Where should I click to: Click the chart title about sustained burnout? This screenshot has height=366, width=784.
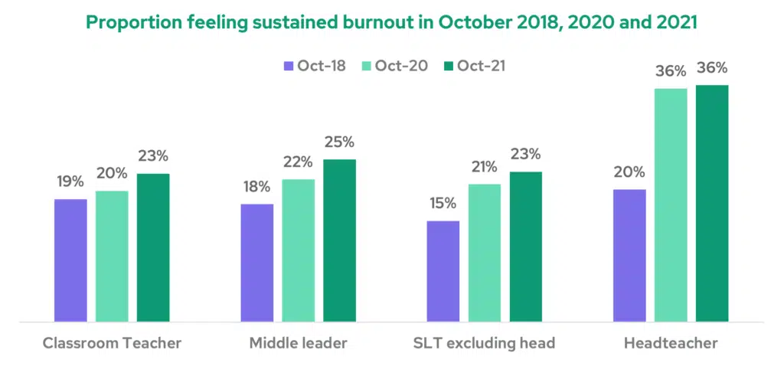[391, 22]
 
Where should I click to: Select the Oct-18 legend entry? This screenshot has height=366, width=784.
[315, 66]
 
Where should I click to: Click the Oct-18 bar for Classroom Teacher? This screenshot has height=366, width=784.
[70, 260]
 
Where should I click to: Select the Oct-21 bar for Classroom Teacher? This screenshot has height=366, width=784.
[153, 247]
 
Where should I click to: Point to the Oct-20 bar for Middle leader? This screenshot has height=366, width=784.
[299, 250]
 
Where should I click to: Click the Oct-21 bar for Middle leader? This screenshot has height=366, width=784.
[339, 240]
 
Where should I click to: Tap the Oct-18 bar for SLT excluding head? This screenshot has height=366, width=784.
[443, 271]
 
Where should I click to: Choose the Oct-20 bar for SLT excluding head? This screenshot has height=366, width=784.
[485, 253]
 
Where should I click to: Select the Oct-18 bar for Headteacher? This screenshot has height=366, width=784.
[629, 255]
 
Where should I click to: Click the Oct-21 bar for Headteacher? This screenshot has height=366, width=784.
[711, 203]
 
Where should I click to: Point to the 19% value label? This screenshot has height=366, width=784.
[70, 182]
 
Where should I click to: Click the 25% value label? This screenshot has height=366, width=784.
[339, 142]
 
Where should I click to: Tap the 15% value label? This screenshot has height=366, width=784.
[443, 204]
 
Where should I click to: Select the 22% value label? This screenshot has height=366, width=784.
[298, 162]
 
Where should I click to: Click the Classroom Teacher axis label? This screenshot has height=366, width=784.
[111, 343]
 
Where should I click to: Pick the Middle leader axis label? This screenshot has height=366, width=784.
[298, 343]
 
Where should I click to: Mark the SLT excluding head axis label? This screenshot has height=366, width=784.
[484, 343]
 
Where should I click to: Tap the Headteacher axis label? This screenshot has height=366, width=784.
[671, 343]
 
